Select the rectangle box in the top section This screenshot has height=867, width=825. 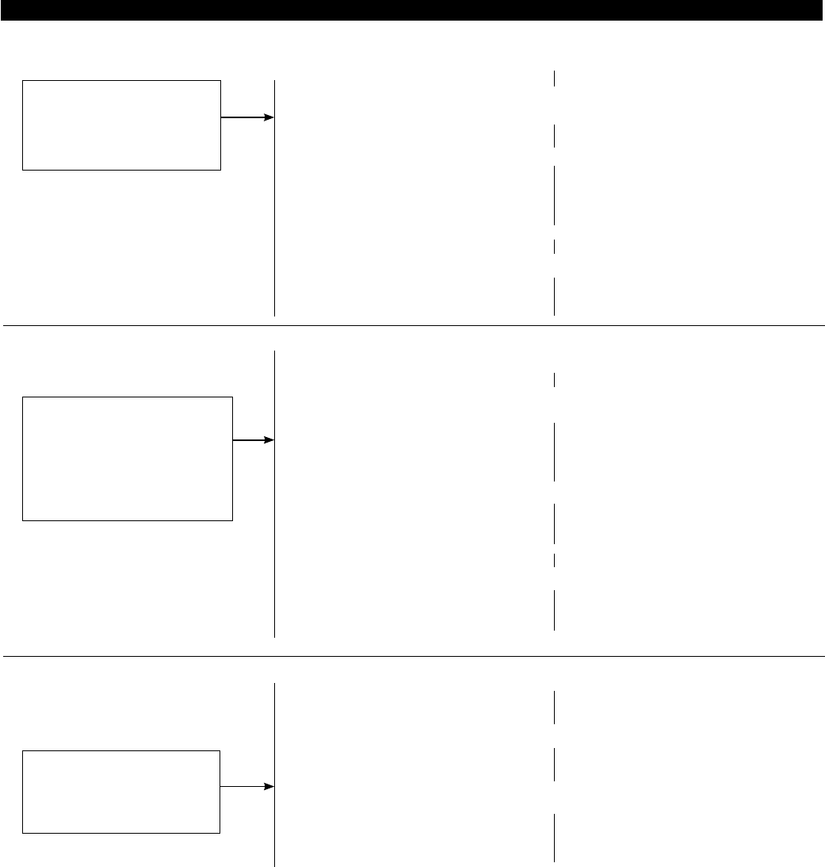[x=121, y=125]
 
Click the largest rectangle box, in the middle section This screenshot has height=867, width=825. [x=128, y=458]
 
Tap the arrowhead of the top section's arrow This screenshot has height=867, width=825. [x=269, y=117]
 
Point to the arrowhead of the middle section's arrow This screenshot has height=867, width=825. [x=269, y=439]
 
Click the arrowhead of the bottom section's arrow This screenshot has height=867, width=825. [x=269, y=787]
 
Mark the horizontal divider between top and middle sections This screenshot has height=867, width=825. [x=412, y=325]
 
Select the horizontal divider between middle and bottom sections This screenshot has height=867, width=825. [x=412, y=656]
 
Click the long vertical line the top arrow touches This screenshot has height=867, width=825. [x=274, y=198]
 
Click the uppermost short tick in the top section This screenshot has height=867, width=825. [x=554, y=78]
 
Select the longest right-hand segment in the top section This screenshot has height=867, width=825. [x=554, y=195]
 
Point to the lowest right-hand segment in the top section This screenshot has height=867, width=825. [x=554, y=297]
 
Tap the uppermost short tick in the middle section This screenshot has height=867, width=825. [x=554, y=380]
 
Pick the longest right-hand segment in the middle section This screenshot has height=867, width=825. [x=554, y=452]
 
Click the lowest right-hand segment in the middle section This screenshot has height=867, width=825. [x=554, y=610]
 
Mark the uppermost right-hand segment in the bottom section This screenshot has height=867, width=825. [x=554, y=707]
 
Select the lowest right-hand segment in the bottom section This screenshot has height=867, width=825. [x=554, y=838]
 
